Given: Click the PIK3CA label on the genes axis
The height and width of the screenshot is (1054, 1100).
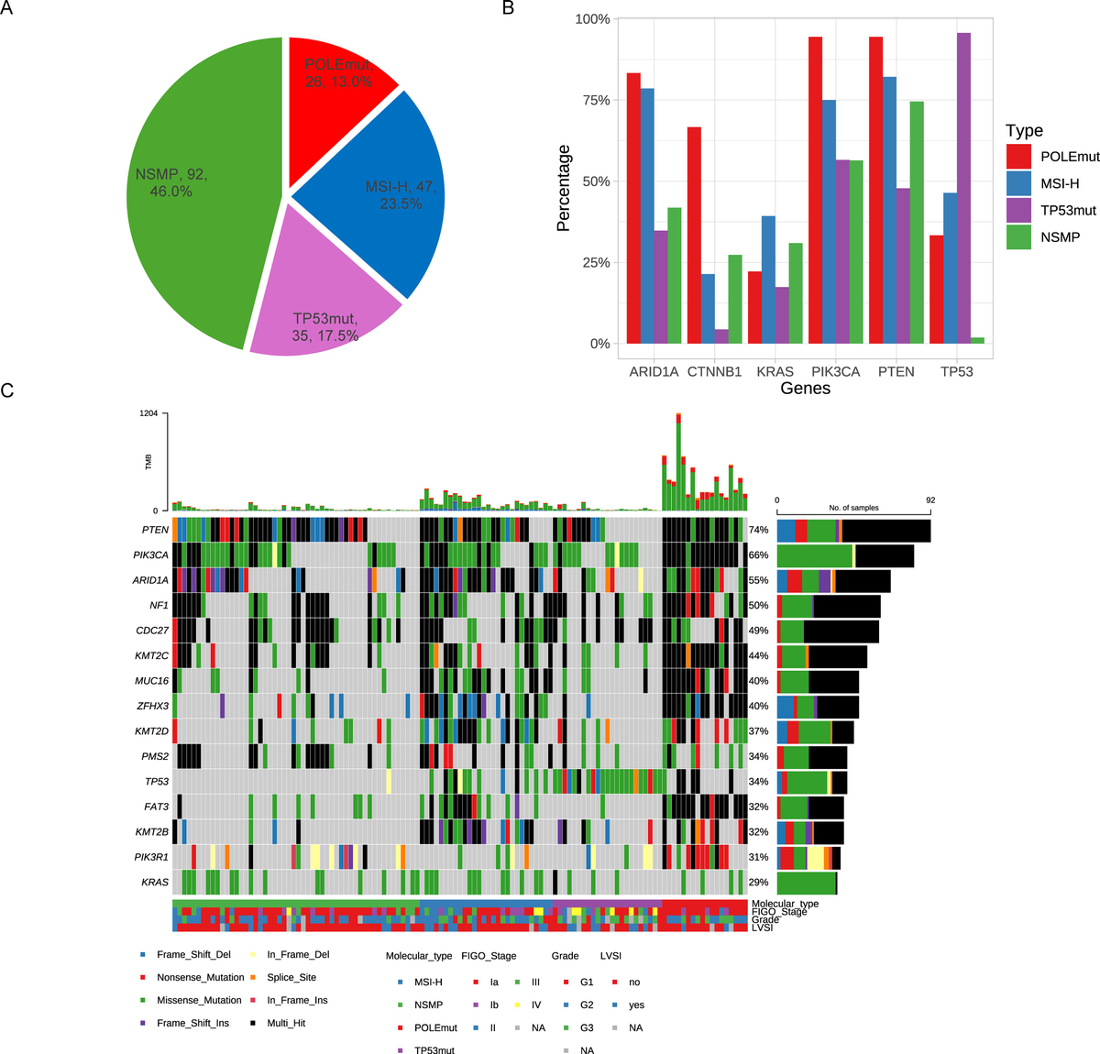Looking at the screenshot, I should coord(835,371).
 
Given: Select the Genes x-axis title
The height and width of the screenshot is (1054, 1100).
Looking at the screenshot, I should coord(805,389).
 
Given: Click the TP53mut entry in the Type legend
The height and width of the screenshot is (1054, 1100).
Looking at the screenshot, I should coord(1068,210).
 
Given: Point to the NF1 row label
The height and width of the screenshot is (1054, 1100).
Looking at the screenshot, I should coord(159,606).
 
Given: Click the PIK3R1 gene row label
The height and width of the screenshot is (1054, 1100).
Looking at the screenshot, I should coord(151,858).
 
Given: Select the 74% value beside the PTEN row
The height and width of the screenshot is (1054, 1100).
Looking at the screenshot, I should coord(758,531).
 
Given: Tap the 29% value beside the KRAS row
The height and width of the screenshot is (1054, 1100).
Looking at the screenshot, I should coord(758,883).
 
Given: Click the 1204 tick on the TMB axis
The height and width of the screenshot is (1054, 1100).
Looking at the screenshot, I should coord(148,413).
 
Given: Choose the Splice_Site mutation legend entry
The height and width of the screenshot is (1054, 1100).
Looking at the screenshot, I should coord(291,978).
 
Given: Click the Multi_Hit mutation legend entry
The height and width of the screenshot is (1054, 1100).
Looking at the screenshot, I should coord(286,1023).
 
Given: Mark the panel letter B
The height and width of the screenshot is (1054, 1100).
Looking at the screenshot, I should coord(508,8).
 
